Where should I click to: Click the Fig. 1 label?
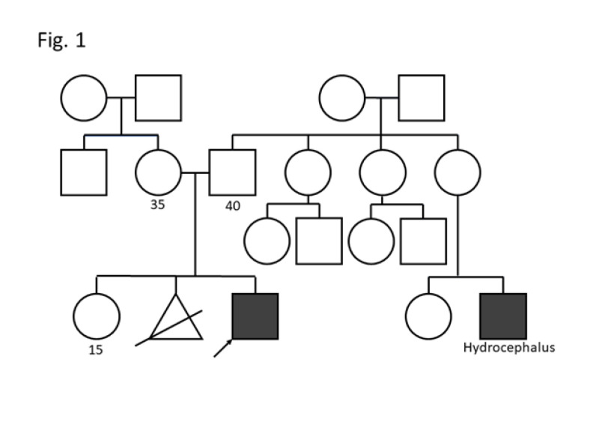click(61, 40)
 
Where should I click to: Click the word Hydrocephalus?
click(509, 348)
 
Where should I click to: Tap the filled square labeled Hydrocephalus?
click(503, 316)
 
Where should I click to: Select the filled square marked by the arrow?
click(255, 316)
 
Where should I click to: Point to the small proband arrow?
click(222, 349)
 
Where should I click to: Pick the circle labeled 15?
click(97, 316)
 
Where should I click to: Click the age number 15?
click(96, 349)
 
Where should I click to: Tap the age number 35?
click(157, 204)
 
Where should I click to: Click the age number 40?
click(233, 205)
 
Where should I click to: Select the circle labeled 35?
click(158, 172)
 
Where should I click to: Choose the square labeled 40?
click(233, 172)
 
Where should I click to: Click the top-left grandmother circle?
click(84, 97)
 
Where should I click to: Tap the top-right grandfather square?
click(421, 97)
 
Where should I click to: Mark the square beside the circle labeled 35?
click(83, 172)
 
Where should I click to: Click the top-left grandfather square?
click(158, 97)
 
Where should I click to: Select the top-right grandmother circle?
click(341, 97)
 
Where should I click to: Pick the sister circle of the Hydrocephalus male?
click(428, 316)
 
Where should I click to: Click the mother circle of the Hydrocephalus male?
click(457, 172)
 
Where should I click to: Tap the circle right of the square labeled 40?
click(308, 172)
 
